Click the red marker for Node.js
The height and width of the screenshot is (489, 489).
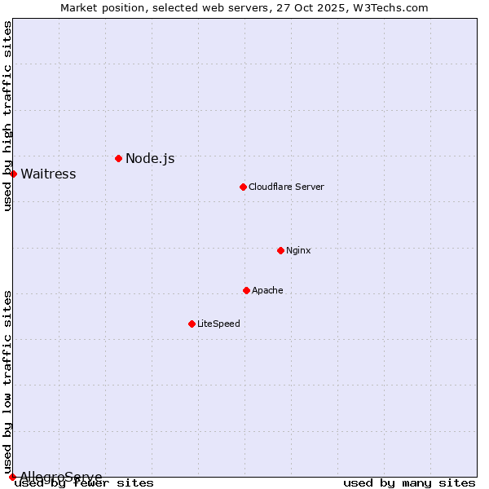coord(118,158)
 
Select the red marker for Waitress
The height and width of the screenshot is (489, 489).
coord(13,174)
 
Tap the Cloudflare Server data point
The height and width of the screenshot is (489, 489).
coord(243,187)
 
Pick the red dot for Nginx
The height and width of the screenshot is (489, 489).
coord(280,250)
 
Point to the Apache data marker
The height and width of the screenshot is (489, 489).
coord(246,290)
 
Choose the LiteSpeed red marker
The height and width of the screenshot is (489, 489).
coord(192,324)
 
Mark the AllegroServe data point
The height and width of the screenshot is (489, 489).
coord(12,477)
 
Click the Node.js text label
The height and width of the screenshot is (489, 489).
coord(150,158)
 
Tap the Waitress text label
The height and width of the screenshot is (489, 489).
coord(48,174)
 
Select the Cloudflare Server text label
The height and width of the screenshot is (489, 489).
coord(286,187)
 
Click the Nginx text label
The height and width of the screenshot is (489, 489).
coord(298,250)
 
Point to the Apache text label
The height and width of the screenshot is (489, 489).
coord(267,290)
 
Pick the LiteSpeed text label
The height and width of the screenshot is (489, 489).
coord(218,324)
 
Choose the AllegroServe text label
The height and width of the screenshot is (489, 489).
coord(61,477)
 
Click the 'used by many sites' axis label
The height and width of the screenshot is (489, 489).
coord(409,483)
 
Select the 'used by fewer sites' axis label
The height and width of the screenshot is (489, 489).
coord(85,483)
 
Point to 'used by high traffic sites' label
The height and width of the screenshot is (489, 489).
coord(7,116)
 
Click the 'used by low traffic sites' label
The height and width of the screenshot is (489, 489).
coord(7,381)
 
